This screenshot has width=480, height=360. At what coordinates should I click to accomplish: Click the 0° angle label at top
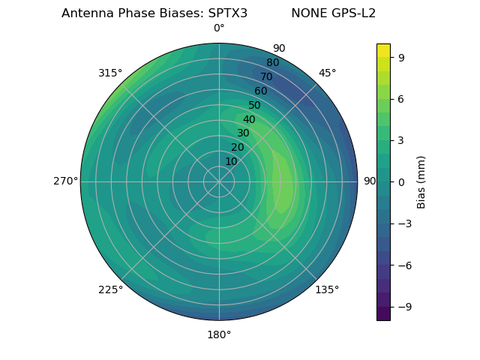(x=219, y=28)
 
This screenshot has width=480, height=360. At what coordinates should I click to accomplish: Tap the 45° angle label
(x=328, y=73)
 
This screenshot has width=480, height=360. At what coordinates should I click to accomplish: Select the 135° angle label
(x=327, y=289)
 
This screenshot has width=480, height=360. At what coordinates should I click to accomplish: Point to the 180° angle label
(x=219, y=334)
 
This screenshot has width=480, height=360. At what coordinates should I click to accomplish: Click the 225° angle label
(x=110, y=289)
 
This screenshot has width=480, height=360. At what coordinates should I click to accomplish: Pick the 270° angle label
(x=65, y=181)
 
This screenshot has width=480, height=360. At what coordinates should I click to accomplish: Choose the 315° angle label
(x=110, y=73)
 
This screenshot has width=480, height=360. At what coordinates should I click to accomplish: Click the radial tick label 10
(x=231, y=161)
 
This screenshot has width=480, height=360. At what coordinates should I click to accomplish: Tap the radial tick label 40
(x=249, y=119)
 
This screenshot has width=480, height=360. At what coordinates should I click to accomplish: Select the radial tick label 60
(x=261, y=91)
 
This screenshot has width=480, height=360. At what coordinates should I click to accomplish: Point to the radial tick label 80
(x=273, y=62)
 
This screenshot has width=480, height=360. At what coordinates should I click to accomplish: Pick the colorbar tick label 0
(x=401, y=181)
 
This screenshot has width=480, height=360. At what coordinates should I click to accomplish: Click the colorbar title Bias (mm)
(x=421, y=181)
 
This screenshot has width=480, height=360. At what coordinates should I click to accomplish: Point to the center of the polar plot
(x=219, y=181)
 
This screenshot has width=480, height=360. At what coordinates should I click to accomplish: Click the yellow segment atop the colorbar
(x=383, y=50)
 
